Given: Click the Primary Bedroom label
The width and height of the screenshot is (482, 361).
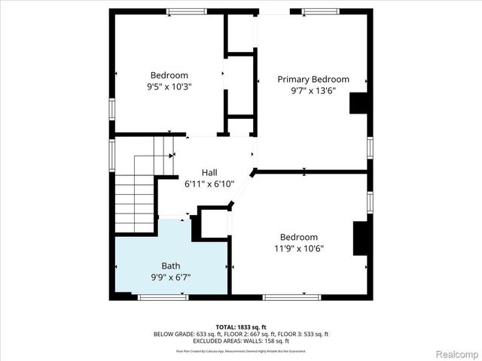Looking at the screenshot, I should (x=313, y=79).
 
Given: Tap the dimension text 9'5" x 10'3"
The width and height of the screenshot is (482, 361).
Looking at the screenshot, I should (x=169, y=86).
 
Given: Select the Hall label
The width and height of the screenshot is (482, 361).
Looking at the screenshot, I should (x=209, y=172).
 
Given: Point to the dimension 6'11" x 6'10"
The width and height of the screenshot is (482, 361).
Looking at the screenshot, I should (x=209, y=184).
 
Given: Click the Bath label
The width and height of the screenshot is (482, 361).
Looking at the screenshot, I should (x=170, y=265).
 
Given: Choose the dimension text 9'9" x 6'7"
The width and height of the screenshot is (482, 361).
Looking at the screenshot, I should (x=170, y=277).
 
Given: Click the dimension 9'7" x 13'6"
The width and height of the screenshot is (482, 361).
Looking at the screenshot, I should (x=313, y=90).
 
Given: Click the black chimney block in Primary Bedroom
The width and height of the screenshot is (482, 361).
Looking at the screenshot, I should (x=358, y=102).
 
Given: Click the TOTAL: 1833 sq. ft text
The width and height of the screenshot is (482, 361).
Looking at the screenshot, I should (x=241, y=327).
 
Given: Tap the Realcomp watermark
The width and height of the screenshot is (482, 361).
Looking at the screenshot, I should (x=454, y=353).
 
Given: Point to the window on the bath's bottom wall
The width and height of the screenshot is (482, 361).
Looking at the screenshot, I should (x=163, y=297).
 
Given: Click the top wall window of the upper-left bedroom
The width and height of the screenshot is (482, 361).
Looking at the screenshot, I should (x=187, y=11).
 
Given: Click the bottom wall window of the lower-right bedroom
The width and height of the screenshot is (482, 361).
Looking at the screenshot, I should (x=287, y=297).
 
